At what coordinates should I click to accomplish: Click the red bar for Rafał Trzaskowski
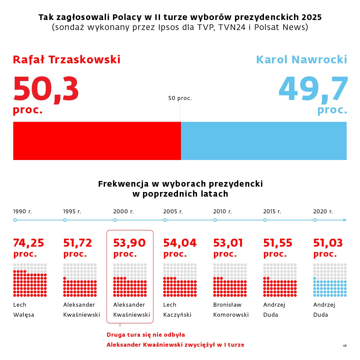pos(97,141)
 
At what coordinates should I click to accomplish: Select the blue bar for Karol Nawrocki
pos(264,141)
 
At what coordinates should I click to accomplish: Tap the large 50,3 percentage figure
pos(46,89)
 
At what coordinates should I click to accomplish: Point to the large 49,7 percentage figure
pos(313,89)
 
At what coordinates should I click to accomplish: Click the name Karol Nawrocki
pos(301,60)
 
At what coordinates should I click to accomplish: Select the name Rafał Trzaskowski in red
pos(67,60)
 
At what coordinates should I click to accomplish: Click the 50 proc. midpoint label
pos(180,98)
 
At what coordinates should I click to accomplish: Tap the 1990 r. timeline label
pos(23,211)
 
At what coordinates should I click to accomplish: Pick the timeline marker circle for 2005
pos(165,220)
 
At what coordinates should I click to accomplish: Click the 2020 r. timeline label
pos(323,211)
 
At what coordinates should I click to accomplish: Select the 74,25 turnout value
pos(29,243)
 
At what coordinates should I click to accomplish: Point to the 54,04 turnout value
pos(180,243)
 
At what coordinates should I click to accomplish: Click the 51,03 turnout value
pos(328,243)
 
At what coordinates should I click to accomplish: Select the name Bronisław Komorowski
pos(231,310)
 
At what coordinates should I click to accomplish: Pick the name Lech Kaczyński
pos(177,310)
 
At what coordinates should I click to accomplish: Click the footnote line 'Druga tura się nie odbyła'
pos(146,335)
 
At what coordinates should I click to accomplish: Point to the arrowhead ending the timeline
pos(345,220)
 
